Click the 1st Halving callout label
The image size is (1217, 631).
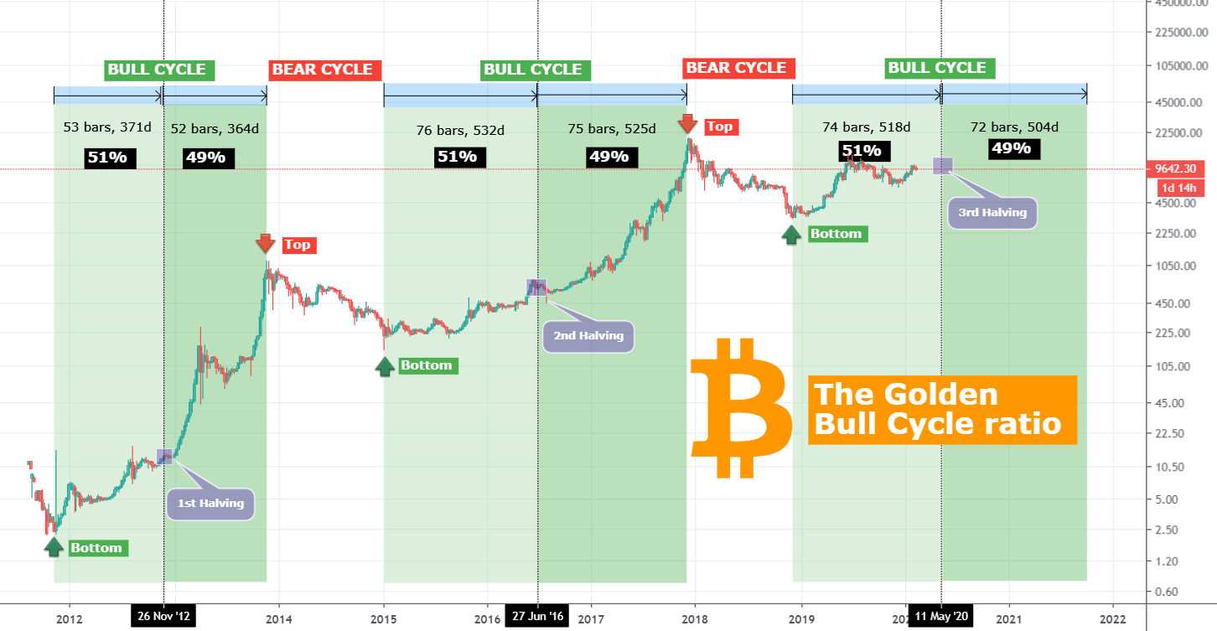coord(210,504)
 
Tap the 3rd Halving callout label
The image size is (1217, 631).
coord(992,213)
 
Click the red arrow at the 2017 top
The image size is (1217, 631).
coord(687,124)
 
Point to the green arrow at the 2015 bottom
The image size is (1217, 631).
coord(385,365)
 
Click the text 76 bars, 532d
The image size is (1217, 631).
coord(460,130)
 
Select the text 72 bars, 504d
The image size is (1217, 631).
coord(1014,127)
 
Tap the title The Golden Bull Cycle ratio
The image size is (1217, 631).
coord(941,409)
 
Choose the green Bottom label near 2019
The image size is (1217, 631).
coord(836,234)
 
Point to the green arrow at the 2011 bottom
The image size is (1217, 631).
coord(54,547)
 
